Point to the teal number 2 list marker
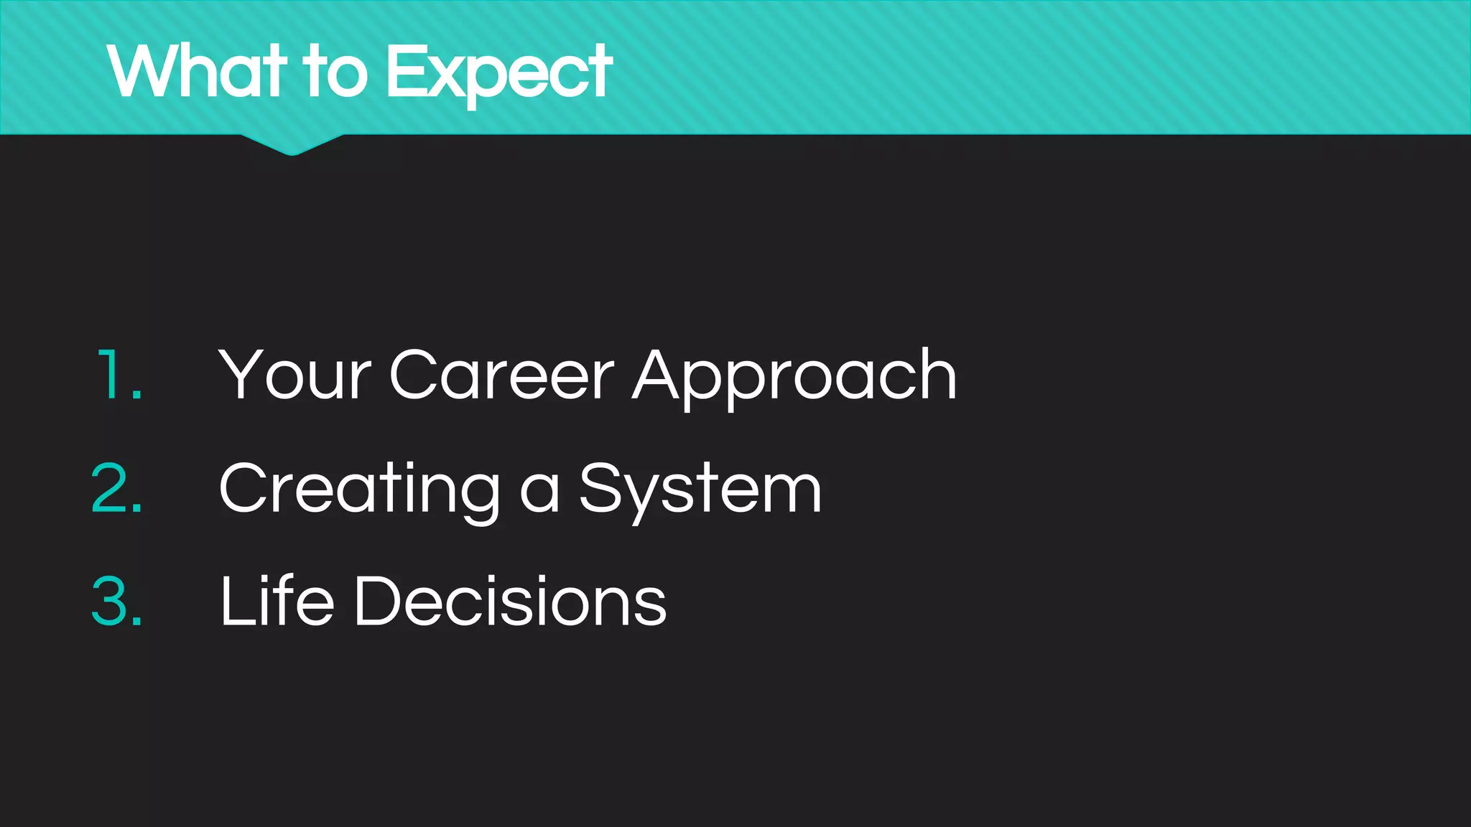pos(117,488)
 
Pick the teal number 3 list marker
pos(117,601)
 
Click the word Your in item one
pos(294,375)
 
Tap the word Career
pos(501,375)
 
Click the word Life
pos(277,601)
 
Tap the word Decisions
pos(510,601)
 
